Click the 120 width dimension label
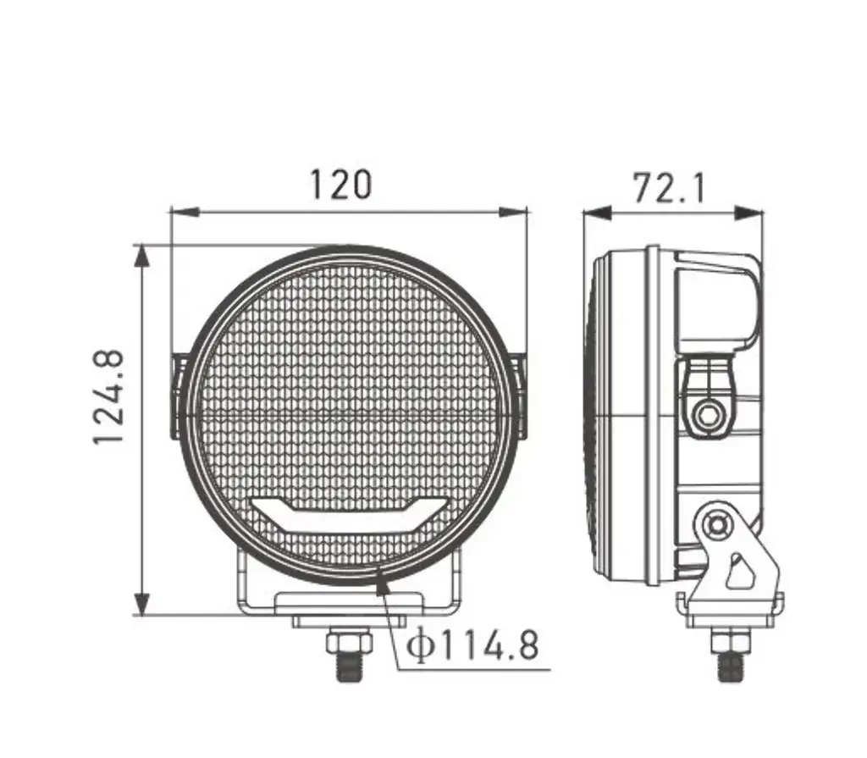coord(341,185)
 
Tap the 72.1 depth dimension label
coord(669,188)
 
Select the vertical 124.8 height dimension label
coord(108,396)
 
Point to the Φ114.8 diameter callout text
coord(472,645)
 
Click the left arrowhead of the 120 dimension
coord(185,212)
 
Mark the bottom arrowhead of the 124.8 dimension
coord(142,600)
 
